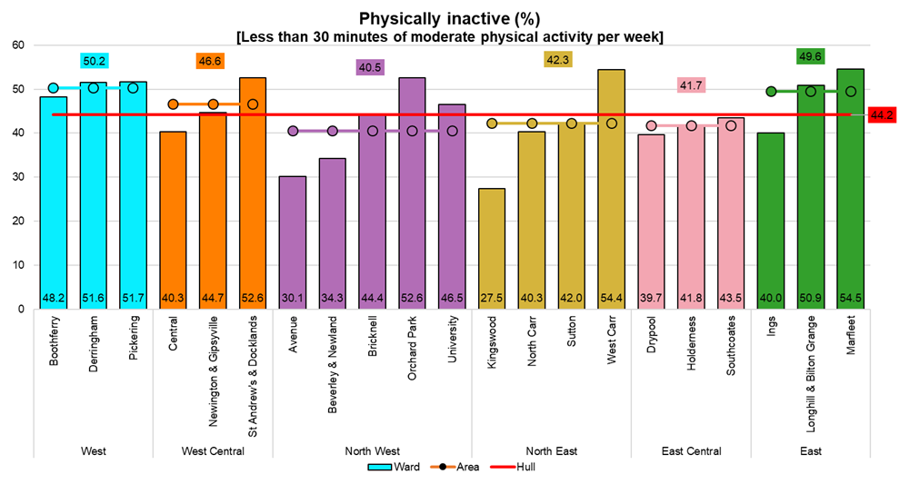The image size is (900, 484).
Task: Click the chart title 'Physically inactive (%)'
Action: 449,18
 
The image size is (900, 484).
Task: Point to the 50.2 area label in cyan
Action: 94,61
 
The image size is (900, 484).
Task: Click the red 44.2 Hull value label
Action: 881,115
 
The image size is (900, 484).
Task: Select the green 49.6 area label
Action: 809,56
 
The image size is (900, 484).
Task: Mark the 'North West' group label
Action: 373,451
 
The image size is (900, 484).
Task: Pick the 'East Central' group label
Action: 691,451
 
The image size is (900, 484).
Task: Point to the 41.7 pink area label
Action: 692,85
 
